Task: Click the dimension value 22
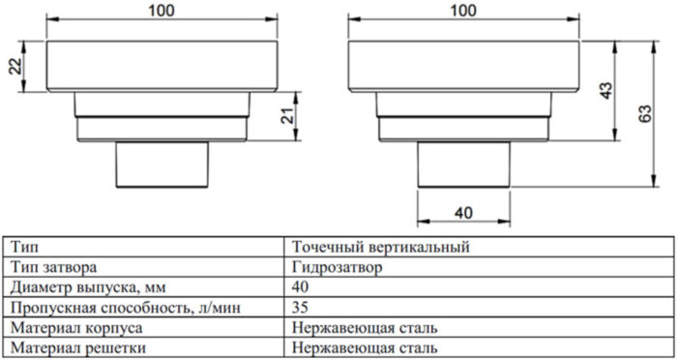coord(13,66)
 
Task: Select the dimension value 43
coord(605,91)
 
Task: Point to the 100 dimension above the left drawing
coord(162,11)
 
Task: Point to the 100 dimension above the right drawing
coord(464,11)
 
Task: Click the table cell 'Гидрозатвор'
coord(335,266)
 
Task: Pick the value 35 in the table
coord(301,307)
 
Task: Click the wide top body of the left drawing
coord(162,66)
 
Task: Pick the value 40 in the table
coord(301,286)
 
